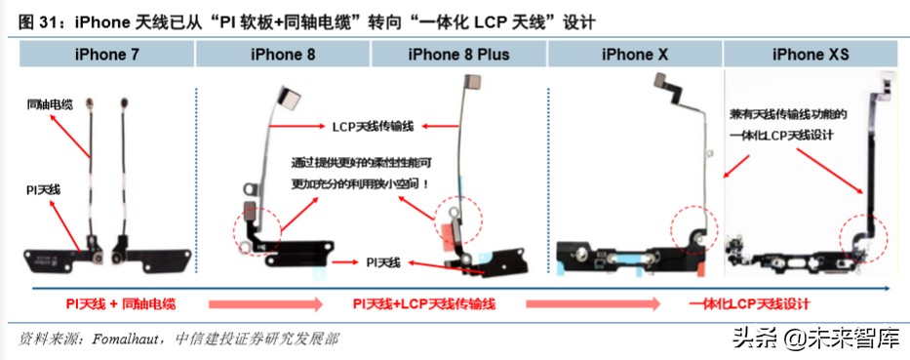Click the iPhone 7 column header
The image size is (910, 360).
105,56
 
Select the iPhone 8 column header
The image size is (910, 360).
283,56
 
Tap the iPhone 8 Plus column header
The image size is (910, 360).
458,56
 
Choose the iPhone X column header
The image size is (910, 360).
634,56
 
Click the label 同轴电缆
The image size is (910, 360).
49,103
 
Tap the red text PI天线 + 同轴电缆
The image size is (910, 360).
122,305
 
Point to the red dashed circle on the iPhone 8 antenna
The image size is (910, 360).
257,228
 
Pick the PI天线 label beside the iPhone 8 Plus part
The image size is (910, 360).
384,261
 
